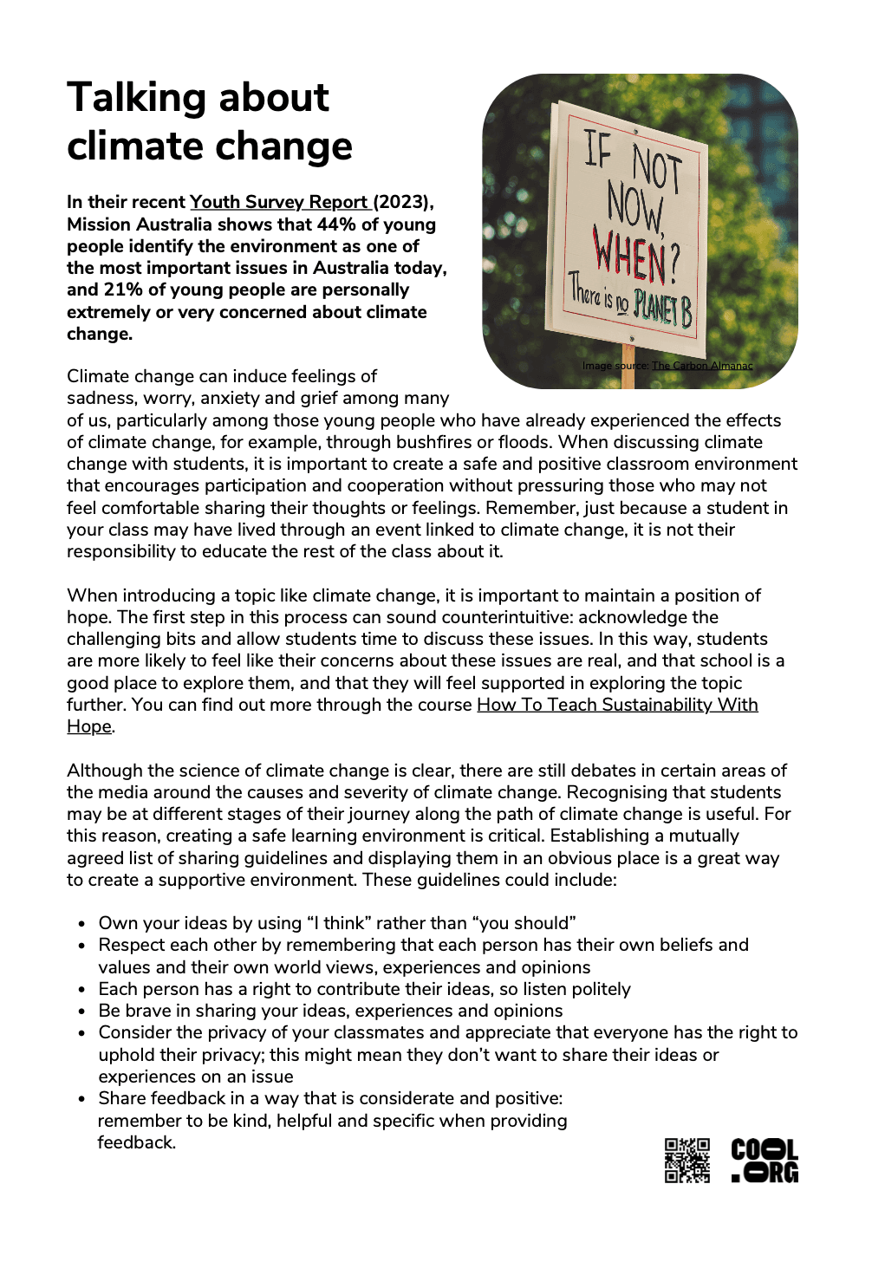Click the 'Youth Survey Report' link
point(279,202)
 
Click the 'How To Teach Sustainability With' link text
point(617,705)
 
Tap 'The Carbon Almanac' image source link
point(702,366)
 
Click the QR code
point(687,1161)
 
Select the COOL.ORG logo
point(765,1161)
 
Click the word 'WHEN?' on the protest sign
point(635,255)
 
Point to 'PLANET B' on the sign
point(662,308)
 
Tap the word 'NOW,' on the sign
point(634,208)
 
